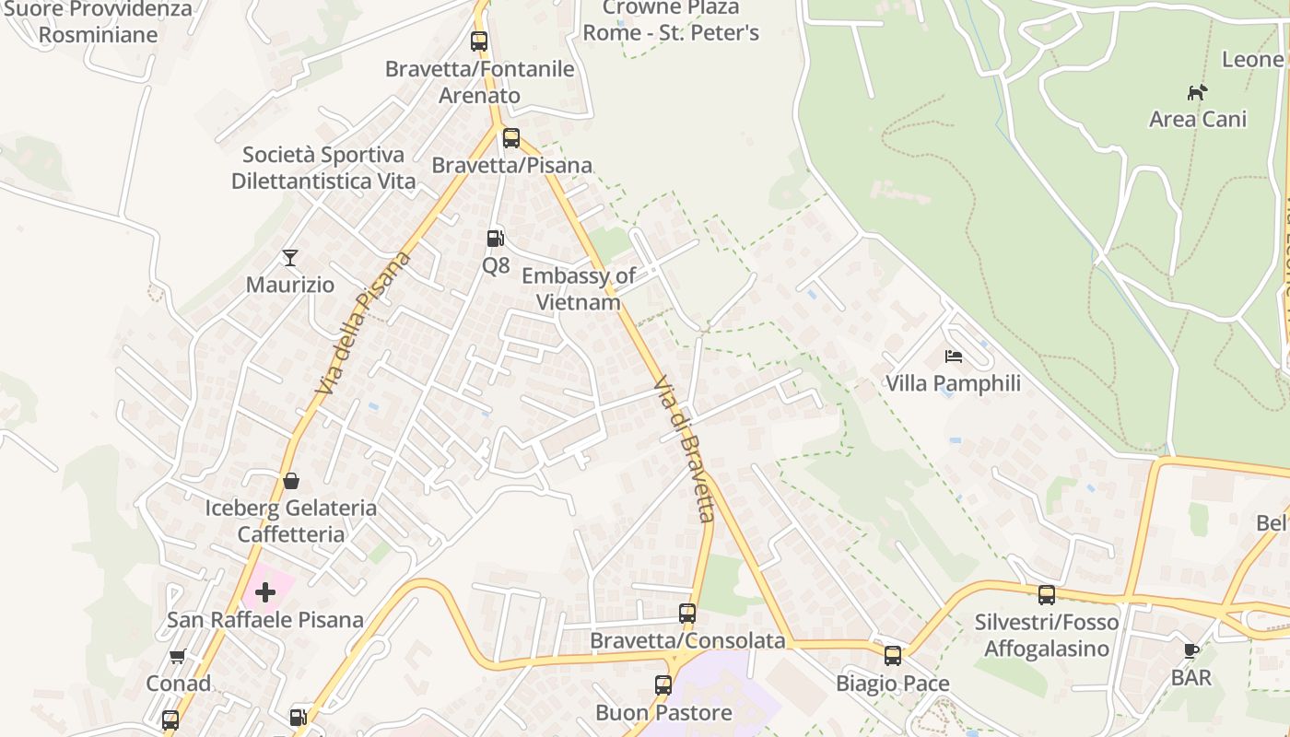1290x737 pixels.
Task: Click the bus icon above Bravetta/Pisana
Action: pos(511,138)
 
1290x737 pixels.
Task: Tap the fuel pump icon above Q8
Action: pos(496,239)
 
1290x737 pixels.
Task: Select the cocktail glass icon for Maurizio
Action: pos(290,258)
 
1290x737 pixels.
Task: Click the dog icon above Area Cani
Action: pos(1197,92)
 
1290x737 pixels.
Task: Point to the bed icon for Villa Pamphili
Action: pos(954,356)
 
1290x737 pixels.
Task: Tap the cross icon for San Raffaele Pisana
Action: pos(265,592)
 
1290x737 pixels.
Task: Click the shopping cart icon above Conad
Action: pos(178,657)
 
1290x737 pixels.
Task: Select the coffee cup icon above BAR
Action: pos(1190,650)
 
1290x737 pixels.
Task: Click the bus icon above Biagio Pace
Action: pos(893,656)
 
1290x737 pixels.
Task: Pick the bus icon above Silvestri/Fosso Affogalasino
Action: pos(1047,595)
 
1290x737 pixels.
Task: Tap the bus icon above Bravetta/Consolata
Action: pos(687,614)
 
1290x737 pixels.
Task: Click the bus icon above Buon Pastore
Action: pos(663,685)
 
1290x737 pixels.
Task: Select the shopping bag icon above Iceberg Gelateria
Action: pos(291,481)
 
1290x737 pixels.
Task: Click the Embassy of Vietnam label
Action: pos(579,289)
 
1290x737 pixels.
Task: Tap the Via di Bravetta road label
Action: pos(685,449)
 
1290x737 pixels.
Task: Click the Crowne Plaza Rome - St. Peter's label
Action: pos(671,20)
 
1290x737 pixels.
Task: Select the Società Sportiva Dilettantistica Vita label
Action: pos(323,168)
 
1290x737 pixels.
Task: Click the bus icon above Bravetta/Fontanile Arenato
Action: pos(479,41)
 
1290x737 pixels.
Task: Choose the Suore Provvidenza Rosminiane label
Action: pos(99,22)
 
